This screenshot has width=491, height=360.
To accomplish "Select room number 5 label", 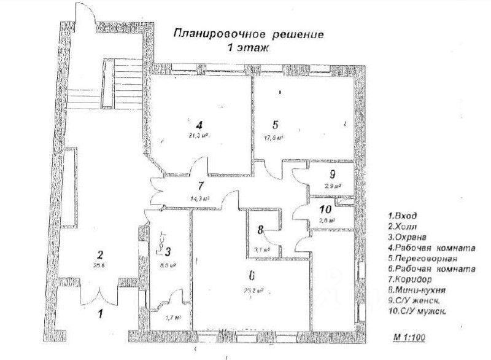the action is pyautogui.click(x=275, y=123).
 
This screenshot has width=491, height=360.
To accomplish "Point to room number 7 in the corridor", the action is pyautogui.click(x=200, y=185).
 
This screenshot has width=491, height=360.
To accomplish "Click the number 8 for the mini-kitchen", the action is pyautogui.click(x=260, y=230).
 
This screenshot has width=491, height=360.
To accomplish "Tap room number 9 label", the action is pyautogui.click(x=331, y=173).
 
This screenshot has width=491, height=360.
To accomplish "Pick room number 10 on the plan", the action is pyautogui.click(x=326, y=209).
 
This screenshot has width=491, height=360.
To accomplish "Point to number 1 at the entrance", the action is pyautogui.click(x=102, y=313).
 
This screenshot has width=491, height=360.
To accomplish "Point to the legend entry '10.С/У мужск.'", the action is pyautogui.click(x=417, y=311).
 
